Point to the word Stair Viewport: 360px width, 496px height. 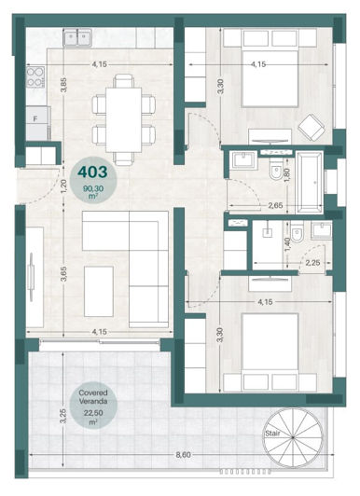tap(272, 434)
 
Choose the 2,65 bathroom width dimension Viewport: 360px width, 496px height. tap(273, 204)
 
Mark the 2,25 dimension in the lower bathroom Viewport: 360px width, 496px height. tap(313, 262)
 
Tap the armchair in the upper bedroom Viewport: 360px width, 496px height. tap(310, 126)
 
